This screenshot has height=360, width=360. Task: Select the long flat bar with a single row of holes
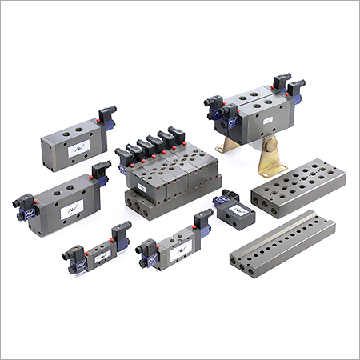tap(288, 240)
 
